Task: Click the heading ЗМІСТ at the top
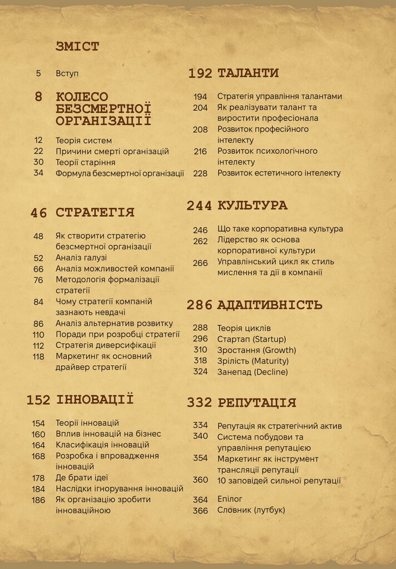click(x=77, y=47)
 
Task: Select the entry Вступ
click(x=68, y=73)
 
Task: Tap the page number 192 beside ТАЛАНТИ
click(x=200, y=73)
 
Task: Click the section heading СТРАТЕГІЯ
click(x=95, y=212)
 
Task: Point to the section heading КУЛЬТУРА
click(x=253, y=206)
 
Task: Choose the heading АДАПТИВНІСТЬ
click(x=270, y=305)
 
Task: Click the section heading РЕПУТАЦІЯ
click(x=256, y=403)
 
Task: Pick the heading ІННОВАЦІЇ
click(x=95, y=400)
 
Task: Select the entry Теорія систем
click(x=83, y=140)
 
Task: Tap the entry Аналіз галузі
click(x=81, y=258)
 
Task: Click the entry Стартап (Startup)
click(x=251, y=339)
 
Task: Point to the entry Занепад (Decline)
click(x=253, y=372)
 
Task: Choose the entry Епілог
click(x=230, y=499)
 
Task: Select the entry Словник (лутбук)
click(x=251, y=510)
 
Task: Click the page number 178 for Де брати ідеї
click(x=38, y=478)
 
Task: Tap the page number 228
click(x=200, y=173)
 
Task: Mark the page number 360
click(x=200, y=480)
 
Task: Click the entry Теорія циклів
click(x=244, y=328)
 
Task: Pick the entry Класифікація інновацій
click(x=102, y=445)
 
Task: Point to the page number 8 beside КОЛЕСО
click(x=38, y=97)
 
